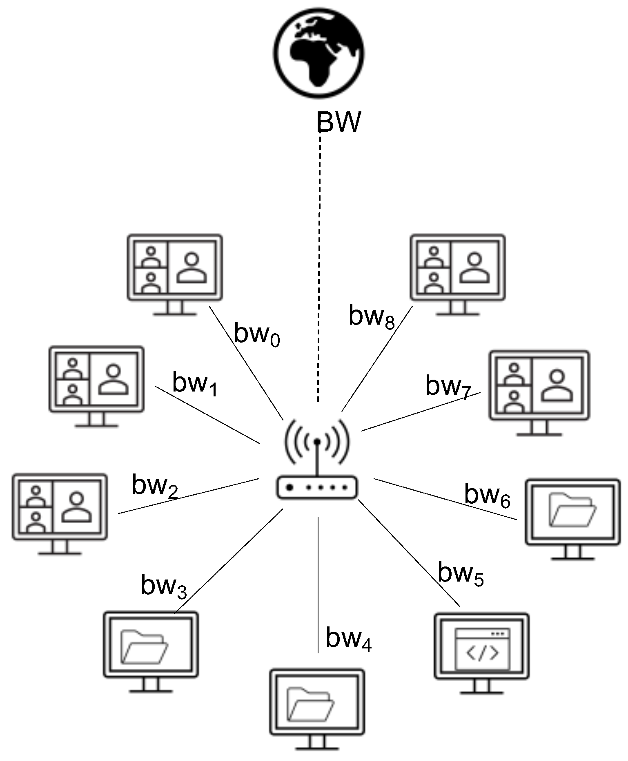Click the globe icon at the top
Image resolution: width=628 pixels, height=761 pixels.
[319, 53]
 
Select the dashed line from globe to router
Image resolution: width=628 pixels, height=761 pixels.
[319, 265]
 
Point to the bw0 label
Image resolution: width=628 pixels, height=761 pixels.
[256, 335]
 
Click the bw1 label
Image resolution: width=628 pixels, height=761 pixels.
[194, 384]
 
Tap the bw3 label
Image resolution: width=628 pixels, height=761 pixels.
[163, 586]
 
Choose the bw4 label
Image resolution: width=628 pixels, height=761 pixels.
[348, 639]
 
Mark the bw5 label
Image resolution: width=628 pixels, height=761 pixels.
[460, 574]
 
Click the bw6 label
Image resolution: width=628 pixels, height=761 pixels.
[487, 496]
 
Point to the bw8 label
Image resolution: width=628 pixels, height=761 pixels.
[371, 317]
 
